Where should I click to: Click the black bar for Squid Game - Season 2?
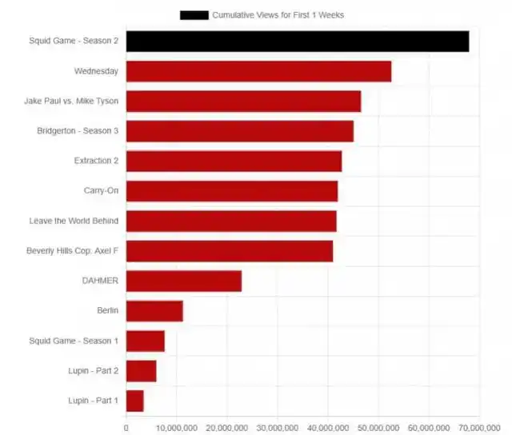(297, 41)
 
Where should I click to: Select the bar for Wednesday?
(258, 71)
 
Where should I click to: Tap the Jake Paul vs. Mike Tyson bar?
(243, 102)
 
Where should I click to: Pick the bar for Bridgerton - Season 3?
(239, 131)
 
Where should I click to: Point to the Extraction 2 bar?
(234, 161)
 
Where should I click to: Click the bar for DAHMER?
(183, 281)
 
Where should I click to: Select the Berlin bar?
(154, 311)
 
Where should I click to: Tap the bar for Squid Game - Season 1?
(145, 341)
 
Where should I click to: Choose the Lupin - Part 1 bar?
(134, 401)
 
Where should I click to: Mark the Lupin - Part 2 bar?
(141, 371)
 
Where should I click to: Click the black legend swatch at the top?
(194, 14)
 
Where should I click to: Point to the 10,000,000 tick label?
(177, 428)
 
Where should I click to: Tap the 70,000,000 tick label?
(478, 428)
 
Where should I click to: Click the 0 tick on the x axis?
(126, 428)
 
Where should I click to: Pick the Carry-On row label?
(101, 191)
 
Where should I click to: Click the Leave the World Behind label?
(74, 221)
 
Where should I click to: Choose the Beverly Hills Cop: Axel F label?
(72, 251)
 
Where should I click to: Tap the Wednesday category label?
(96, 71)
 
